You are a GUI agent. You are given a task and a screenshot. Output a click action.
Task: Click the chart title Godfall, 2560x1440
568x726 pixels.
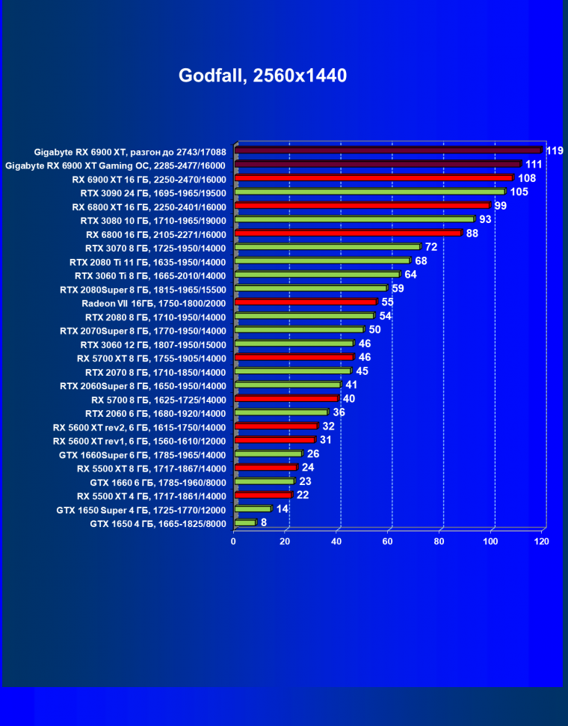click(x=262, y=76)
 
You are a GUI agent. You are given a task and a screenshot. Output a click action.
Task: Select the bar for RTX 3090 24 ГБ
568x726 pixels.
click(x=370, y=192)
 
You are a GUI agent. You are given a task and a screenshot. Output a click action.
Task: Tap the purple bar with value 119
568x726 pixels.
click(x=388, y=150)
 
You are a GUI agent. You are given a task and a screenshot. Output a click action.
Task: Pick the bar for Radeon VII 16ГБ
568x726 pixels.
click(x=306, y=302)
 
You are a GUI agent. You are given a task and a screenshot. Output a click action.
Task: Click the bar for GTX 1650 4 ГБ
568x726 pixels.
click(x=245, y=523)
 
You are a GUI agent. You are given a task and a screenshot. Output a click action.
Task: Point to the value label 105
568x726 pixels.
click(x=519, y=192)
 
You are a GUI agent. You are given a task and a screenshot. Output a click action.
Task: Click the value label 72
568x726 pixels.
click(x=431, y=247)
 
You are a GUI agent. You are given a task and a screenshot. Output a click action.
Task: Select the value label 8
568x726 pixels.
click(x=264, y=523)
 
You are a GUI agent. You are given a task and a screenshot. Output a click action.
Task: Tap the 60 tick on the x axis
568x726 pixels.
click(x=388, y=541)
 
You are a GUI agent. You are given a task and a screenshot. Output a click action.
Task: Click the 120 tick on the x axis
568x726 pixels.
click(x=542, y=541)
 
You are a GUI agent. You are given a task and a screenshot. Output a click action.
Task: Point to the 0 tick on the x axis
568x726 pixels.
click(x=234, y=541)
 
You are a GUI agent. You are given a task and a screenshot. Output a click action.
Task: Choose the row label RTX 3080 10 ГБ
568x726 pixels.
click(x=152, y=220)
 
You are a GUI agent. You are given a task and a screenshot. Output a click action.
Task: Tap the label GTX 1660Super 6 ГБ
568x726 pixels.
click(x=142, y=454)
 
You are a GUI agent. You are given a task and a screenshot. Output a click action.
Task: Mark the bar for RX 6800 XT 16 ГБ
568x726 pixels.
click(x=362, y=206)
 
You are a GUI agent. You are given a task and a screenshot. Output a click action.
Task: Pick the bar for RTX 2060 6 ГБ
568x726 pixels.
click(x=281, y=412)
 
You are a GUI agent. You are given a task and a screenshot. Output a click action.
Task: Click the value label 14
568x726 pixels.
click(x=282, y=509)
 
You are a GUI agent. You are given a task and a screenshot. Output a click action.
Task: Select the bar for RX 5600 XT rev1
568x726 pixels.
click(x=274, y=440)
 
